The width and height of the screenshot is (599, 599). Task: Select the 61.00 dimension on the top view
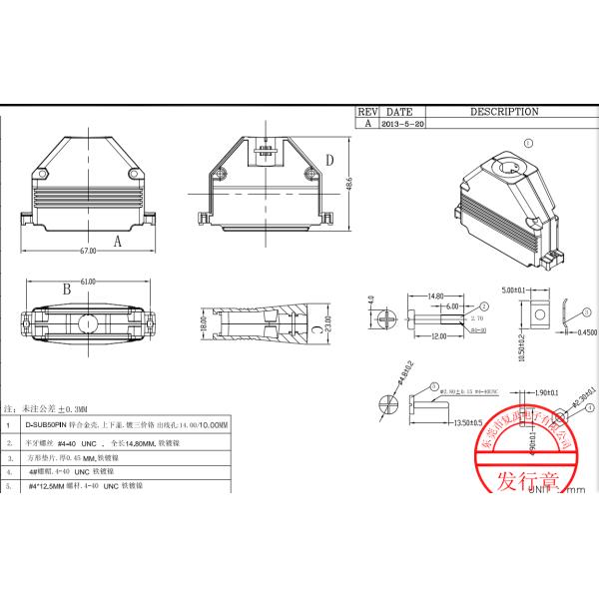tap(88, 283)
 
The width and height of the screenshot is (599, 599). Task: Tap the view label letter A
tap(118, 241)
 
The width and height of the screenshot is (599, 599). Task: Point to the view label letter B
tap(66, 290)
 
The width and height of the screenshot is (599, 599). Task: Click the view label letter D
tap(328, 161)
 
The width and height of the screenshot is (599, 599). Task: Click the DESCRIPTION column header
tap(504, 112)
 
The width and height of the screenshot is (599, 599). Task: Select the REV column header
tap(367, 112)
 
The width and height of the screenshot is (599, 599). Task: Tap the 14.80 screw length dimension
tap(434, 296)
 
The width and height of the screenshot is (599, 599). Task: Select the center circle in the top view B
tap(88, 323)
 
